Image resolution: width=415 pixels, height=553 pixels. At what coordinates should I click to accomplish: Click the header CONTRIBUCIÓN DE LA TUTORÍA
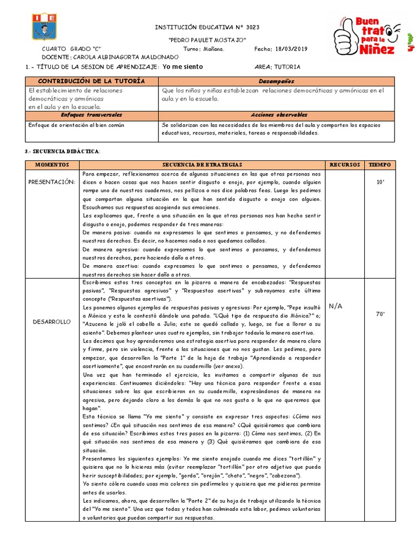pos(91,80)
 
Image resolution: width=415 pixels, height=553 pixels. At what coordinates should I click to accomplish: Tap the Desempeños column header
pos(276,80)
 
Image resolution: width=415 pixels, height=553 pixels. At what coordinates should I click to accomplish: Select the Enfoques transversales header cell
pos(91,115)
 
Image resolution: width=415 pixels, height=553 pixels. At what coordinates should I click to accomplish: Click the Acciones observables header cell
pos(276,115)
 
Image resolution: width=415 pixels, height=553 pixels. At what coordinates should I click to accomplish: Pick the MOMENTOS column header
pos(52,164)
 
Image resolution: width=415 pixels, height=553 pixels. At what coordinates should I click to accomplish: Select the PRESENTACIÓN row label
pos(52,181)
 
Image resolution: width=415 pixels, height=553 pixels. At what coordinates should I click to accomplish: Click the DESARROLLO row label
pos(52,321)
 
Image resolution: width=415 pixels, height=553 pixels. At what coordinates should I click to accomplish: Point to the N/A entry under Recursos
pos(335,306)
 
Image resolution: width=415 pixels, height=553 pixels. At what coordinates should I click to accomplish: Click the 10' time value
pos(379,182)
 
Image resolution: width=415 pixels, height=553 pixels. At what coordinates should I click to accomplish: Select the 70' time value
pos(379,314)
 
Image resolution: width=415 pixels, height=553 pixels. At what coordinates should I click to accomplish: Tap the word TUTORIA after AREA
pos(287,67)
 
